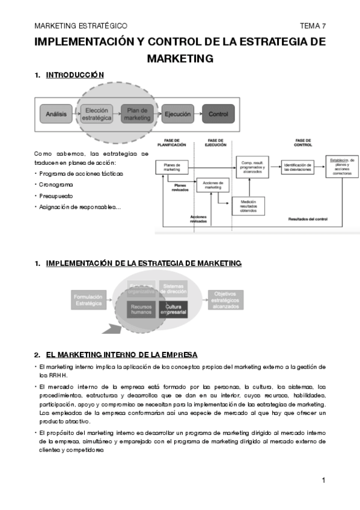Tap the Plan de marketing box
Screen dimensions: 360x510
(x=138, y=114)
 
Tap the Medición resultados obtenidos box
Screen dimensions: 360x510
(x=248, y=206)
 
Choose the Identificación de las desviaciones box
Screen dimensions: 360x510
(x=297, y=167)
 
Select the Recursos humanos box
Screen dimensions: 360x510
(x=143, y=309)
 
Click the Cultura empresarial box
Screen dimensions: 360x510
(x=173, y=309)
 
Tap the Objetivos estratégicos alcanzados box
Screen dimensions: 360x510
(x=225, y=300)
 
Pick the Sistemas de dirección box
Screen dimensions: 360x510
(x=173, y=289)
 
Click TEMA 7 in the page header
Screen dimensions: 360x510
(x=313, y=26)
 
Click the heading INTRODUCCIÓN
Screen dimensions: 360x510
(x=75, y=75)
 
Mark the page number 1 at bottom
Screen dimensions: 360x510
(x=323, y=480)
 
